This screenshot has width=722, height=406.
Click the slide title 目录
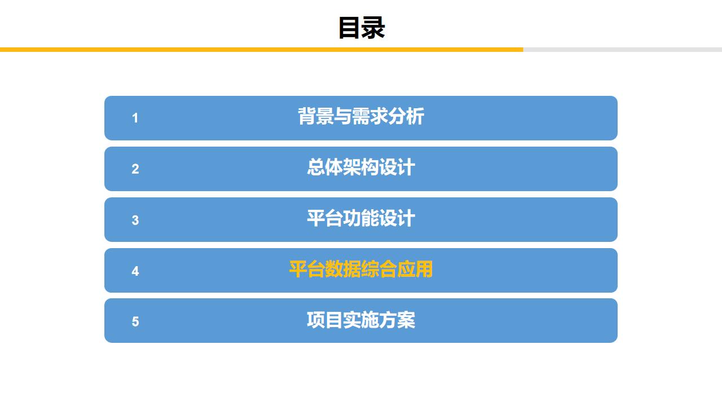pos(361,27)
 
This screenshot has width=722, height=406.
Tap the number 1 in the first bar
pos(135,118)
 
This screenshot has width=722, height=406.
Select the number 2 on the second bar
pos(135,169)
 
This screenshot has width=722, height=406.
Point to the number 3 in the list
pos(135,220)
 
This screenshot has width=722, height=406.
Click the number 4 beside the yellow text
pos(135,271)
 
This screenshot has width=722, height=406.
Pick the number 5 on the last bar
pos(135,321)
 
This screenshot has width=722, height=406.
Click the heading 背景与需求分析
pos(361,117)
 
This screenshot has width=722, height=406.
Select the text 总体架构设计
pos(361,167)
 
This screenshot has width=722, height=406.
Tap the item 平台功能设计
pos(361,218)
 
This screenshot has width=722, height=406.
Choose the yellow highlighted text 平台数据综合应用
pos(361,270)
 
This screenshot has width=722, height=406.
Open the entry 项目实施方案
pos(361,320)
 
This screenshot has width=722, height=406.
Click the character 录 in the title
pos(373,27)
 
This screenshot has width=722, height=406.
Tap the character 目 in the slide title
pos(349,27)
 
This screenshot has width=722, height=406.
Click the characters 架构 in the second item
pos(361,167)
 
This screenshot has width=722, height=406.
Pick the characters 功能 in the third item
pos(361,218)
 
